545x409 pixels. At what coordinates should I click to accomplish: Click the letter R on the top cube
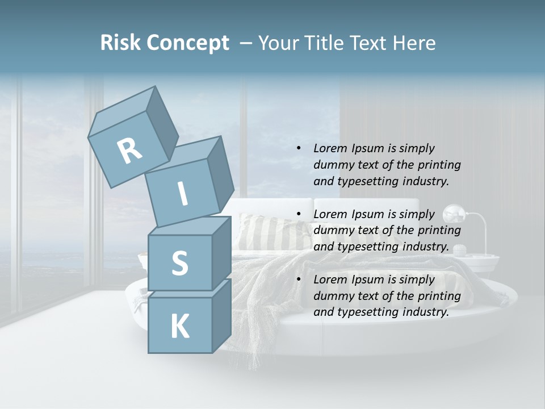[129, 151]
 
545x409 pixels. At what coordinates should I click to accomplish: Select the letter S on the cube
[179, 263]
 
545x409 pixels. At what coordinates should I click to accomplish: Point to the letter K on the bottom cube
[180, 326]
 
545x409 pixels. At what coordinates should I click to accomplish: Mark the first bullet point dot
[299, 148]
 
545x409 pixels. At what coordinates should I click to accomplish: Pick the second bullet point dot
[299, 214]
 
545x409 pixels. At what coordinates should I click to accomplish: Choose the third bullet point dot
[299, 279]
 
